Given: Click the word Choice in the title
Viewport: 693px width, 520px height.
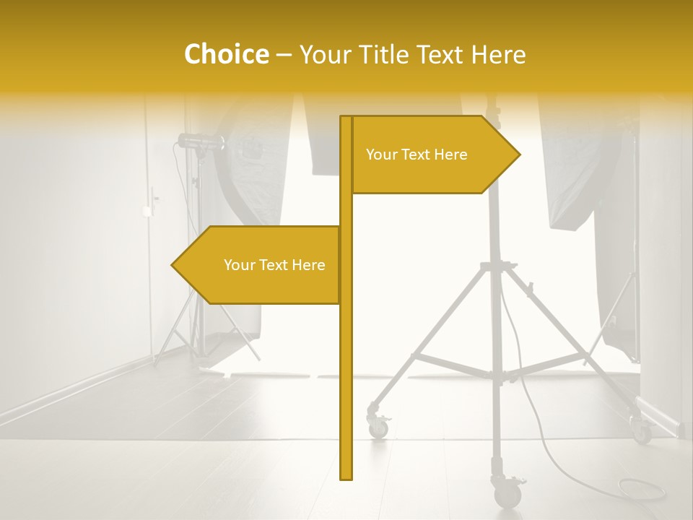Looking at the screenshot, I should point(226,54).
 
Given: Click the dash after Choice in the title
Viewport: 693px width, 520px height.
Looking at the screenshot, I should point(284,55).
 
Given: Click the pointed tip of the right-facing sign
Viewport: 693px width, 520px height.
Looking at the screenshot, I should point(519,154).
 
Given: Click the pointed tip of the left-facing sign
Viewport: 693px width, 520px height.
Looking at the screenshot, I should point(173,265).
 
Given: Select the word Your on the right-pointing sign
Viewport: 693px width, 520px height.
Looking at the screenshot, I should point(381,155).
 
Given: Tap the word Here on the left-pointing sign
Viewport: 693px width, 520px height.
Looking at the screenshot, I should point(308,265).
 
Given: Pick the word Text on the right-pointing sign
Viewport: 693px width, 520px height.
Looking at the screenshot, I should point(415,155).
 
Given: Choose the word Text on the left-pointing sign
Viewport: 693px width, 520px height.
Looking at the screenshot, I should point(273,265).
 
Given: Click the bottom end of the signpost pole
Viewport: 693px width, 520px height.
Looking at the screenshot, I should point(346,477).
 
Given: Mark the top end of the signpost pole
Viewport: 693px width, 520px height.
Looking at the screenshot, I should point(346,118).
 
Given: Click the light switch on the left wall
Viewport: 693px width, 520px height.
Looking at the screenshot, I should point(147,210).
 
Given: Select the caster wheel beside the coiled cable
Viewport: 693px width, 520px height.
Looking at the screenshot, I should point(507,494).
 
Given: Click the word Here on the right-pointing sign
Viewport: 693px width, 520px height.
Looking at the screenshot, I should point(450,155).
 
